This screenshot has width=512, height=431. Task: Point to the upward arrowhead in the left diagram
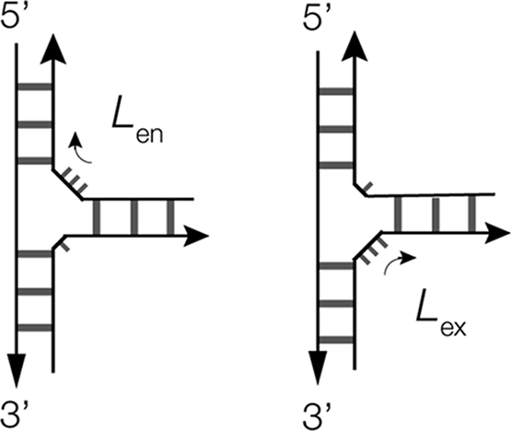tap(52, 49)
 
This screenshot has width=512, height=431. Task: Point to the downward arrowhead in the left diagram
tap(16, 371)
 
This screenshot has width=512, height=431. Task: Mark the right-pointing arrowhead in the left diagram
tap(196, 236)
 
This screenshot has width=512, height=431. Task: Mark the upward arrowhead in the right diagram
tap(355, 46)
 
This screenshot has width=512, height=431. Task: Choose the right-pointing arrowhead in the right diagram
tap(497, 233)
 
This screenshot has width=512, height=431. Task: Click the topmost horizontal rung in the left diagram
tap(35, 87)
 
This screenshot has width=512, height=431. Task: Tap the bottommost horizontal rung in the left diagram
tap(35, 328)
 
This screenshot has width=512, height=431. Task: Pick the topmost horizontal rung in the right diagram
tap(336, 91)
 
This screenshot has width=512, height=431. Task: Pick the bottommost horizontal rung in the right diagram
tap(336, 340)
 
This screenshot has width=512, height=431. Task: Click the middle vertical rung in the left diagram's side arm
tap(134, 217)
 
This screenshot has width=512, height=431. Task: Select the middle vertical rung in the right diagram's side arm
tap(436, 214)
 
